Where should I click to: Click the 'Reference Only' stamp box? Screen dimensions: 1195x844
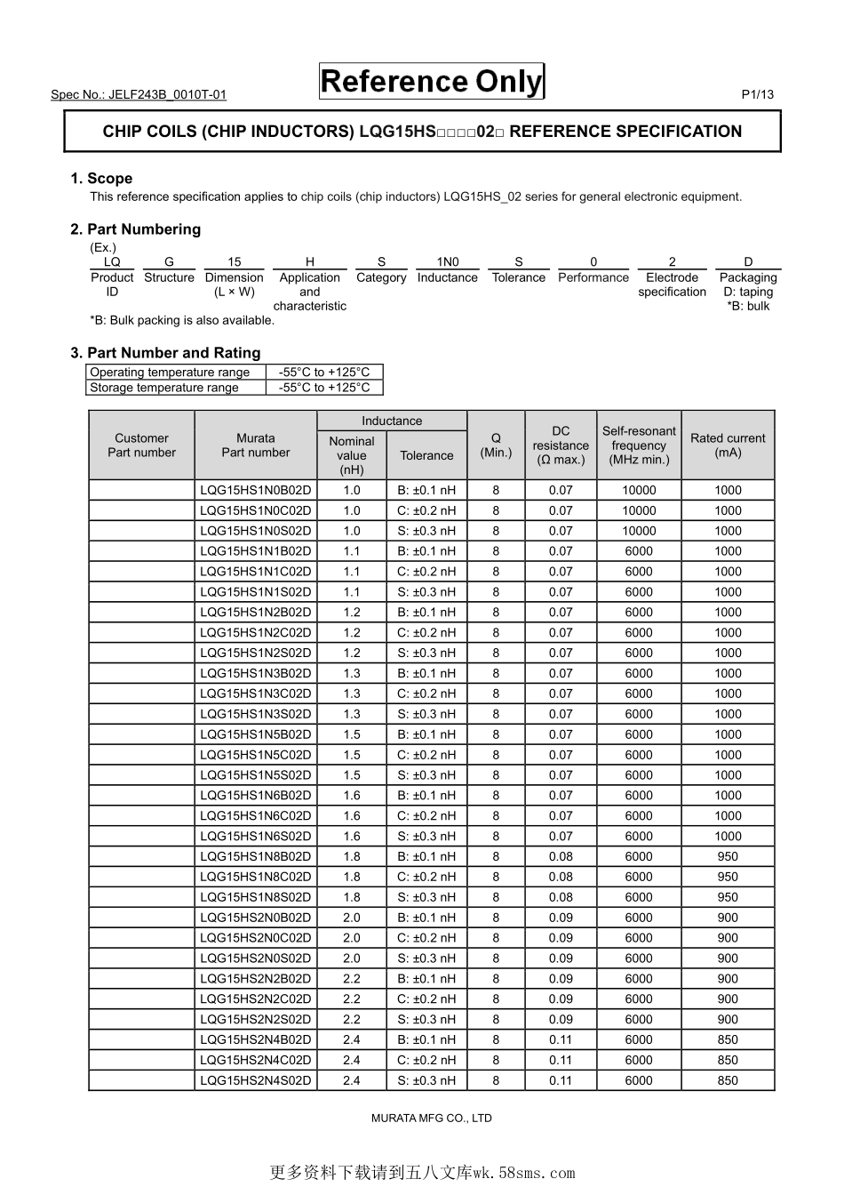431,82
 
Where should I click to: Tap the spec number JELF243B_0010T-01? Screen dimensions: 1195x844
139,94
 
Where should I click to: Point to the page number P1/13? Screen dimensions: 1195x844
757,94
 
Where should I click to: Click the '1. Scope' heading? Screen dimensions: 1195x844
101,178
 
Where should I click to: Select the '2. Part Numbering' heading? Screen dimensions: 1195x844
135,229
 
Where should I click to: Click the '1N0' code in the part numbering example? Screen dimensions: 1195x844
448,261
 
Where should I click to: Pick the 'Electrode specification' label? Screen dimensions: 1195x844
672,285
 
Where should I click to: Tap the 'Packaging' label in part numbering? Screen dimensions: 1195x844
748,277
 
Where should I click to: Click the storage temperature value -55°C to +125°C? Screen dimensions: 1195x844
324,387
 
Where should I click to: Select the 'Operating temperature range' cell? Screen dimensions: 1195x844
170,372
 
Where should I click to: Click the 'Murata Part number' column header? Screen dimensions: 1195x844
256,445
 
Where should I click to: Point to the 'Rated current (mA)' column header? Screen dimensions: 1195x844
728,445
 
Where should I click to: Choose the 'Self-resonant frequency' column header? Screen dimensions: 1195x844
639,445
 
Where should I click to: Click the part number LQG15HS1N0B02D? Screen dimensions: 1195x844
256,490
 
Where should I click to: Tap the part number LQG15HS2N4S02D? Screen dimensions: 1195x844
256,1080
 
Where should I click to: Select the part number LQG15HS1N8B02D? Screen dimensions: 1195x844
256,856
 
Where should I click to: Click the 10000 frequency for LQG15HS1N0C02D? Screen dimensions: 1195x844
639,510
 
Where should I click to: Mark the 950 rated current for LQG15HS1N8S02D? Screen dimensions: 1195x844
728,897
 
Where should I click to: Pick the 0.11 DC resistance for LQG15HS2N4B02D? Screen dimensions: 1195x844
561,1039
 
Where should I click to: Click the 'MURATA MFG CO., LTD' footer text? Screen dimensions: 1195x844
431,1118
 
